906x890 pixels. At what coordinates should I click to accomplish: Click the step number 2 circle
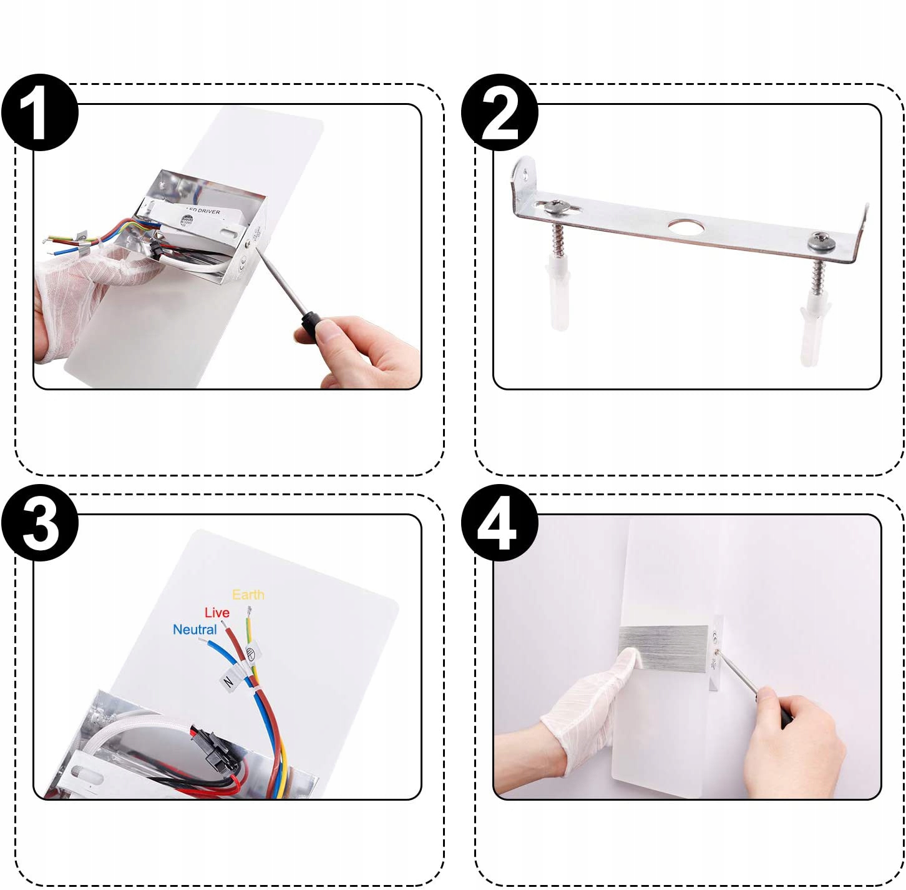(500, 112)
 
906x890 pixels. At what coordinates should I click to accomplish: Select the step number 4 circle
(500, 523)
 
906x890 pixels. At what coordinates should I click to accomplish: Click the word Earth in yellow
(248, 595)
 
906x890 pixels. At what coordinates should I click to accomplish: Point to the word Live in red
(217, 613)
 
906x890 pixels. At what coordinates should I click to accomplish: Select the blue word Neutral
(195, 630)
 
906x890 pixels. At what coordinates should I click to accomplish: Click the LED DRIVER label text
(204, 211)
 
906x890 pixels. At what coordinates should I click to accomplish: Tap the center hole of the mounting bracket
(682, 226)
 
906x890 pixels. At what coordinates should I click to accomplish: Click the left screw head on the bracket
(554, 207)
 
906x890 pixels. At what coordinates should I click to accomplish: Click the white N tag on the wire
(228, 681)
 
